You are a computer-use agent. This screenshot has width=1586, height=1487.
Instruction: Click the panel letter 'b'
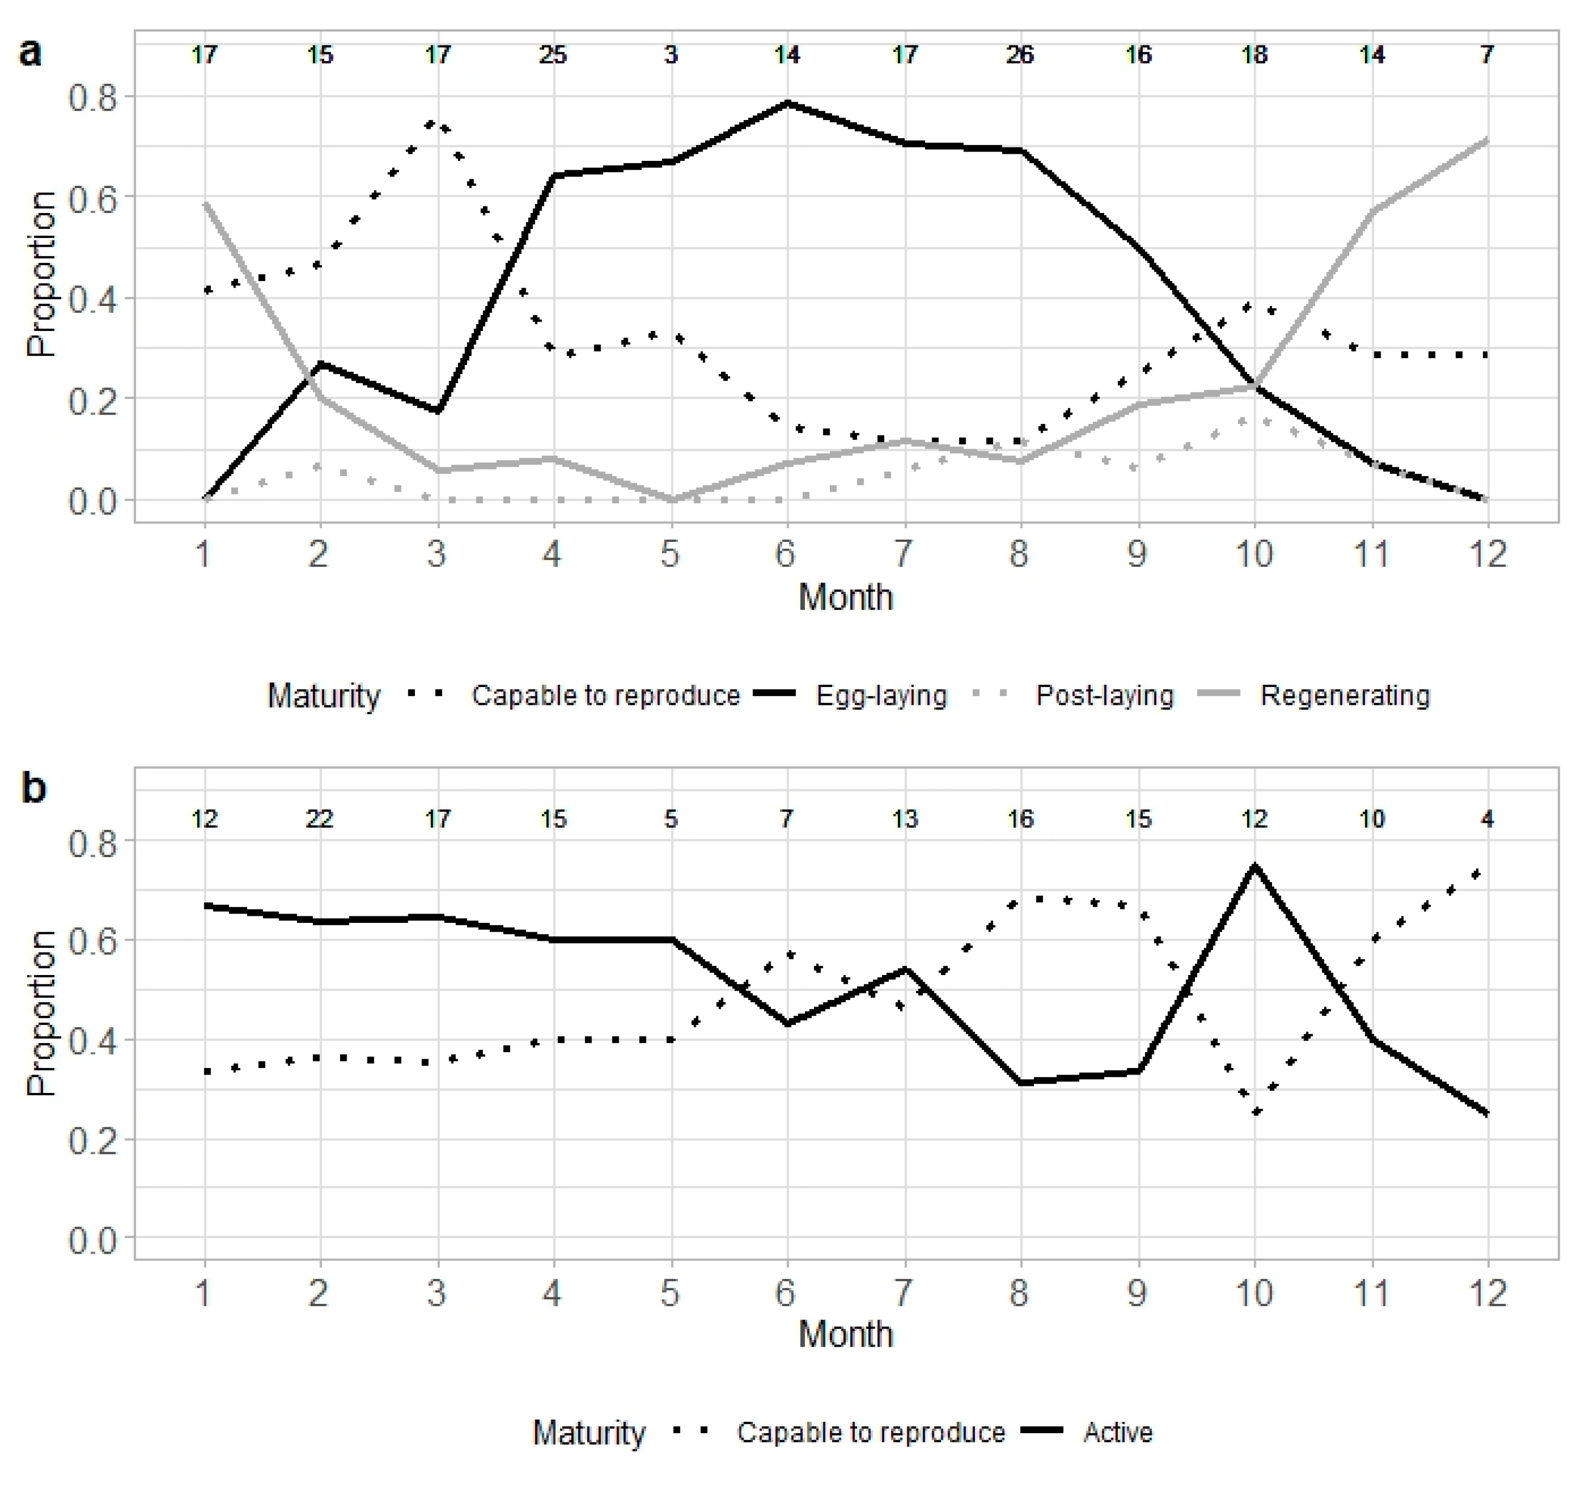tap(34, 789)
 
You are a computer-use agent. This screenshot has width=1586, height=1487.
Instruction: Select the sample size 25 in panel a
tap(553, 55)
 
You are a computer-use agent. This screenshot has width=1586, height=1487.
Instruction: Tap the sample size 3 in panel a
tap(670, 55)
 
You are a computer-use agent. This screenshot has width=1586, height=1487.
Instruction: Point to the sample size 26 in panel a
tap(1019, 55)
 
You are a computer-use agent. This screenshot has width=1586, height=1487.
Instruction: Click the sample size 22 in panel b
tap(320, 819)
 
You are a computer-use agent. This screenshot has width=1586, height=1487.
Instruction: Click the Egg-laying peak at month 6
tap(788, 102)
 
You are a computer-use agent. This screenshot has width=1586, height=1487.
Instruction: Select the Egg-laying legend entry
tap(881, 695)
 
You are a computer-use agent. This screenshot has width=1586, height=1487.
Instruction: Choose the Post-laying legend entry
tap(1104, 695)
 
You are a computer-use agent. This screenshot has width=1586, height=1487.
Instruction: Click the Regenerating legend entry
tap(1344, 695)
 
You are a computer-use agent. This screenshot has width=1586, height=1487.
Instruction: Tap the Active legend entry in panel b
tap(1117, 1433)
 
